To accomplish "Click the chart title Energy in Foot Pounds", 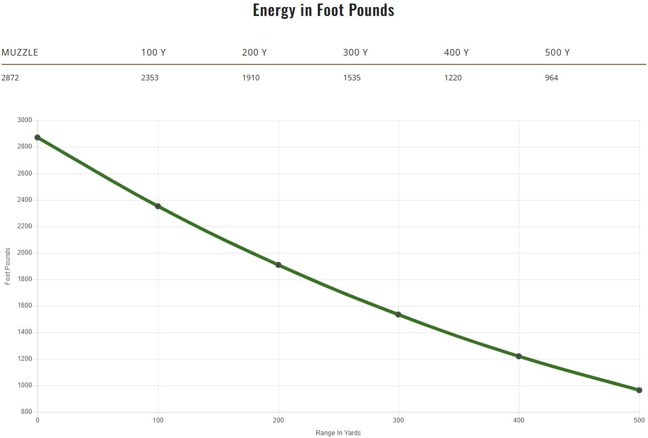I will coord(323,10).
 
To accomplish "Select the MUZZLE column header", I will coord(20,53).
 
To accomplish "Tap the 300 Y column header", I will coord(355,53).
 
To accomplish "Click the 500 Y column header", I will coord(557,53).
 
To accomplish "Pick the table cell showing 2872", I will coord(10,78).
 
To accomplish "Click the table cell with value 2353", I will coord(150,78).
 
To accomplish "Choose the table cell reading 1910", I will coord(251,78).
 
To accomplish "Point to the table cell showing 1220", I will coord(453,78).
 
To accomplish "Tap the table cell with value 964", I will coord(552,78).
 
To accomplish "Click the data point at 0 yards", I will coord(37,138).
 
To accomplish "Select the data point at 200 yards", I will coord(278,265).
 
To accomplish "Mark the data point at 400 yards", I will coord(519,356).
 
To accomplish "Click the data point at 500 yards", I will coord(639,390).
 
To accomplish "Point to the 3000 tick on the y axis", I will coord(25,120).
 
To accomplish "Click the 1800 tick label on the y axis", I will coord(25,279).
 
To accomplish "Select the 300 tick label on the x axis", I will coord(398,420).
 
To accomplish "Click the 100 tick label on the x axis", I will coord(158,420).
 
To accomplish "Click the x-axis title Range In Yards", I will coord(338,433).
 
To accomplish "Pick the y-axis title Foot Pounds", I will coord(8,266).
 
